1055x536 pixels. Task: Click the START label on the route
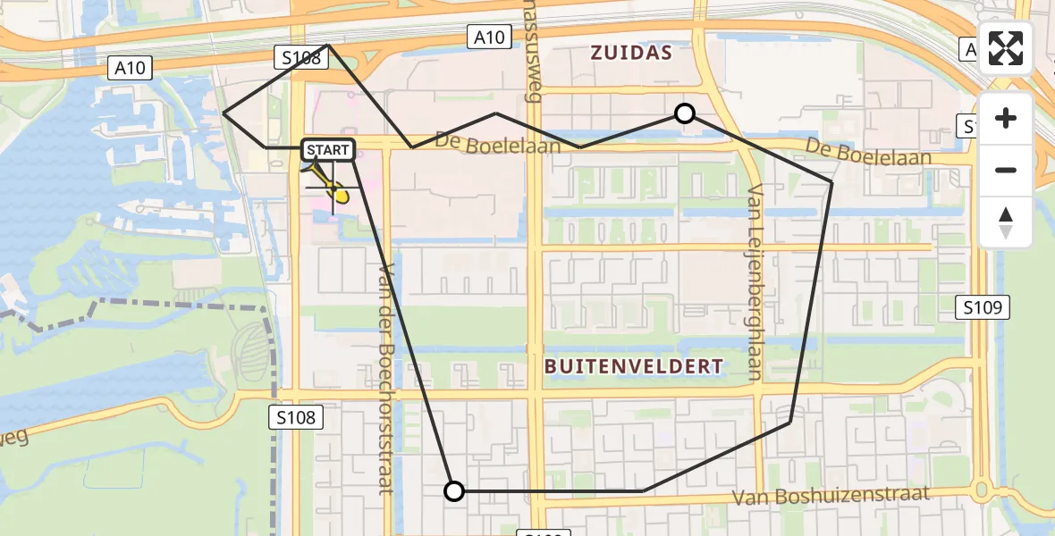(328, 150)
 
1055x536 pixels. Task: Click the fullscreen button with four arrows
(1006, 48)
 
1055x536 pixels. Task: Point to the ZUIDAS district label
(631, 54)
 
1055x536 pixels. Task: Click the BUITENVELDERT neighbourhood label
(633, 366)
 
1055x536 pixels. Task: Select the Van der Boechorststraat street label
(386, 379)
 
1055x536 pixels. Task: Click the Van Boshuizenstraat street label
(831, 496)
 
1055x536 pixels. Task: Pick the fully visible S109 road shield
(985, 308)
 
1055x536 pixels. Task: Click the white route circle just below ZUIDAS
(685, 113)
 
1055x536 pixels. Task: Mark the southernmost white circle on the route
(454, 491)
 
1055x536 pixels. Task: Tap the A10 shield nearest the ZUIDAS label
(489, 37)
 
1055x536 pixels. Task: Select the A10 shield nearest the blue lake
(130, 67)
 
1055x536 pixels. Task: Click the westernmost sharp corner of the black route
(224, 113)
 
